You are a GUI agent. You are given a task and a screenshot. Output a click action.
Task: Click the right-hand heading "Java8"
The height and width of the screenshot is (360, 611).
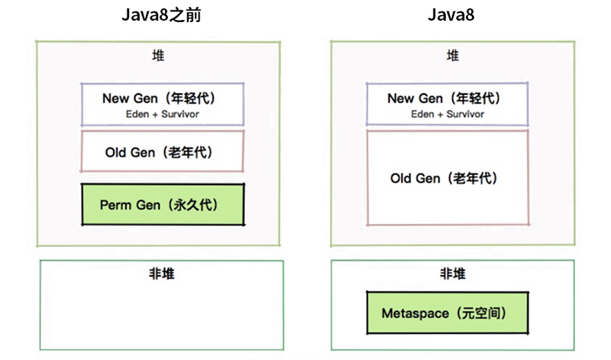point(453,15)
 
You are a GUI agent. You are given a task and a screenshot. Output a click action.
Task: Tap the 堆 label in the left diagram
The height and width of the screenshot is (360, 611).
point(159,56)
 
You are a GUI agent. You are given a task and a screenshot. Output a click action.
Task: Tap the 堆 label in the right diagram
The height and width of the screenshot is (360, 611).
point(453,56)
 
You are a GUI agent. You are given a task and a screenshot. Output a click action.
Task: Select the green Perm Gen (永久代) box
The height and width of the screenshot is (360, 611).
point(163,205)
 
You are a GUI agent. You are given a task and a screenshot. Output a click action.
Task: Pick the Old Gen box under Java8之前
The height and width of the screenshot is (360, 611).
point(163,151)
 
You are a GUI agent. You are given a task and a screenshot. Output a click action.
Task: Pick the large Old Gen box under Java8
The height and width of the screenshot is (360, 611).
point(447,178)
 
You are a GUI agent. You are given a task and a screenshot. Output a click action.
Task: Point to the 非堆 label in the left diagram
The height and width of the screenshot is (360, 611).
point(161,274)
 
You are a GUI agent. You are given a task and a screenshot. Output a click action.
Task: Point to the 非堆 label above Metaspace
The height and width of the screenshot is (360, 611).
point(453,274)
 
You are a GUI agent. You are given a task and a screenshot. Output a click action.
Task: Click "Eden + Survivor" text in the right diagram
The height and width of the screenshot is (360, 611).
point(447,114)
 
